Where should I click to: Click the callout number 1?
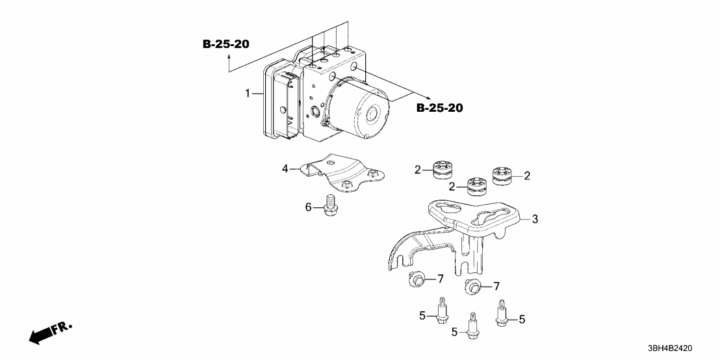[248, 94]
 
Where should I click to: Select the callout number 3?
[534, 220]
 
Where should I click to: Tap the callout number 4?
[285, 170]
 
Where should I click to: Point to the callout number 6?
[309, 207]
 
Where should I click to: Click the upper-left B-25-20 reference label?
[225, 44]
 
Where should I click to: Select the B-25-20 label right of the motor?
[439, 108]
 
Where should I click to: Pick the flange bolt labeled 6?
[330, 205]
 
